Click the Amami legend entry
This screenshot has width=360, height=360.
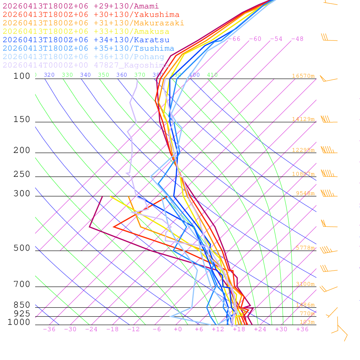tap(81, 6)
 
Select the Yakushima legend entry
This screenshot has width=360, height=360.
tap(91, 15)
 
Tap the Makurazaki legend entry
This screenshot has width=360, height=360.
tap(93, 23)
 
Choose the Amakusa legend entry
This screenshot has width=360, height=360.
tap(86, 32)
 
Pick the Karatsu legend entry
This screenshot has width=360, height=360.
tap(86, 40)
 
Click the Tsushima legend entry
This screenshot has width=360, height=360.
tap(88, 49)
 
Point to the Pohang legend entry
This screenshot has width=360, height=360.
tap(83, 57)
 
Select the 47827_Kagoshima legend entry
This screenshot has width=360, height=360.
tap(86, 65)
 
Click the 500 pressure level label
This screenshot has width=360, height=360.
tap(22, 248)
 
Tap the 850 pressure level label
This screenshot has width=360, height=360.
tap(22, 305)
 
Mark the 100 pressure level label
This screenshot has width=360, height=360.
tap(22, 76)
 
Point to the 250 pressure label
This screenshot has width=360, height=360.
tap(22, 174)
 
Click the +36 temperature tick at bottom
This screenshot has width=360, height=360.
tap(302, 329)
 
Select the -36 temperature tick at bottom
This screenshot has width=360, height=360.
tap(49, 329)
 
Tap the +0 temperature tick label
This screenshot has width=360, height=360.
tap(178, 329)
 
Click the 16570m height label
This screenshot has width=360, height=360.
tap(303, 76)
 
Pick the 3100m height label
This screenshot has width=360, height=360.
tap(305, 284)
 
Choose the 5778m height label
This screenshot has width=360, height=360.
tap(305, 248)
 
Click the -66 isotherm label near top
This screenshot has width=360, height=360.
tap(234, 39)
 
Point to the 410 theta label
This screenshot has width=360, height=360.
tap(212, 75)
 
